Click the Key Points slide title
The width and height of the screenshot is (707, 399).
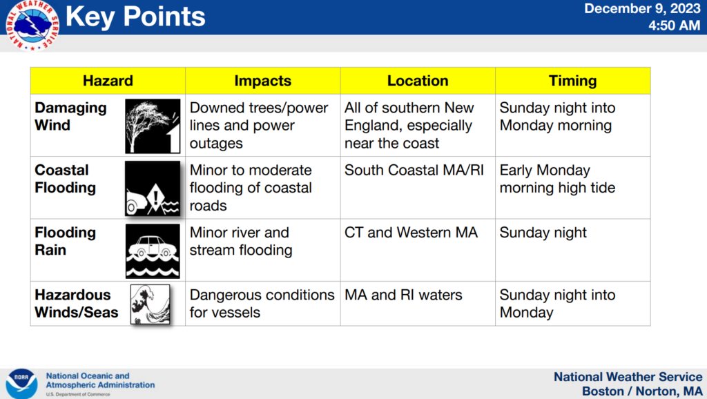pyautogui.click(x=135, y=16)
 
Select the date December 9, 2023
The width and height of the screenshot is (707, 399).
pyautogui.click(x=642, y=9)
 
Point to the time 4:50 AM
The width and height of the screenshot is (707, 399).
pyautogui.click(x=674, y=26)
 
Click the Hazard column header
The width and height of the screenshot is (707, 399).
pyautogui.click(x=108, y=81)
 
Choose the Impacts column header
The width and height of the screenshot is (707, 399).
pyautogui.click(x=262, y=81)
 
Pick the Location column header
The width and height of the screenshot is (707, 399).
pyautogui.click(x=418, y=81)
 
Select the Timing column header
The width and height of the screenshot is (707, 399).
pyautogui.click(x=572, y=81)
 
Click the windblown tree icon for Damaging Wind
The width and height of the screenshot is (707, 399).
pyautogui.click(x=152, y=126)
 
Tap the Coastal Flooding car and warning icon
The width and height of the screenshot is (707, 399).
pyautogui.click(x=152, y=188)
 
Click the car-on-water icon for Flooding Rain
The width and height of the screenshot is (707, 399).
pyautogui.click(x=152, y=250)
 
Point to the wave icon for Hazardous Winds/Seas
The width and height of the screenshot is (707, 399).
pyautogui.click(x=150, y=304)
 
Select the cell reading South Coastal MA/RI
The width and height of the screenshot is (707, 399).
pyautogui.click(x=414, y=171)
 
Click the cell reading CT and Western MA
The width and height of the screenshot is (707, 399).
pyautogui.click(x=411, y=233)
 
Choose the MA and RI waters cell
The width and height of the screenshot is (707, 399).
pyautogui.click(x=403, y=295)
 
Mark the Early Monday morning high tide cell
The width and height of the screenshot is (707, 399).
pyautogui.click(x=557, y=179)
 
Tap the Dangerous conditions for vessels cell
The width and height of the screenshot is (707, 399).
pyautogui.click(x=262, y=304)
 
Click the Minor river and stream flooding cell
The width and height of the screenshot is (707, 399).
pyautogui.click(x=240, y=242)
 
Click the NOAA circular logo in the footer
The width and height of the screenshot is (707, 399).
pyautogui.click(x=21, y=382)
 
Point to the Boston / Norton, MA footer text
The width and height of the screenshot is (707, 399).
pyautogui.click(x=641, y=391)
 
